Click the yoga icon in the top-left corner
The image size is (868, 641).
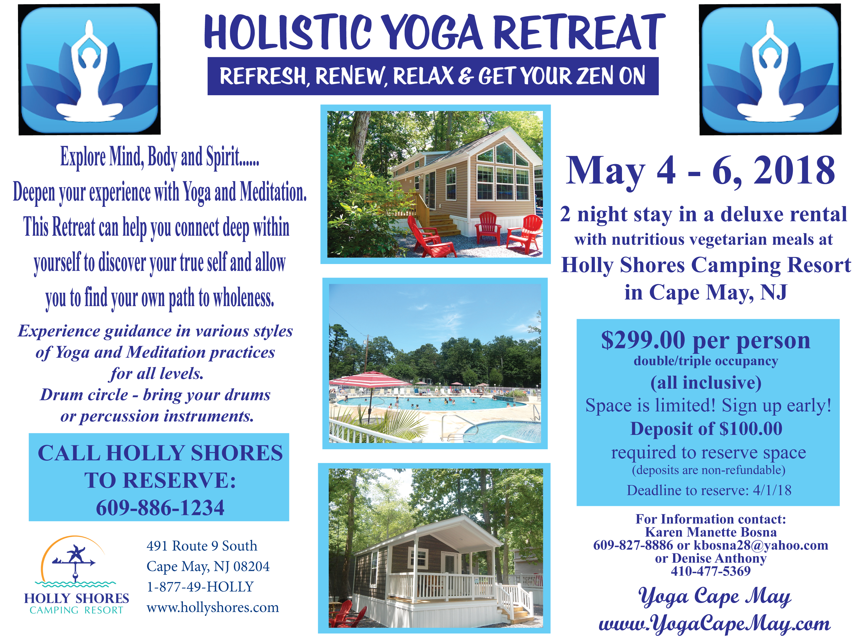90,69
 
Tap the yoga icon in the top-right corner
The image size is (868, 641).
770,69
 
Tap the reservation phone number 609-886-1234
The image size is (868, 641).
160,507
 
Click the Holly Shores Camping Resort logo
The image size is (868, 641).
76,575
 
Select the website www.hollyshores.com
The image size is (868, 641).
213,608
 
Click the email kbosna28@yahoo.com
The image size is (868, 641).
761,545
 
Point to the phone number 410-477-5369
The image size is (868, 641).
711,571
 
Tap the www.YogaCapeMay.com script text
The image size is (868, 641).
714,624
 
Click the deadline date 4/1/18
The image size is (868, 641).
772,490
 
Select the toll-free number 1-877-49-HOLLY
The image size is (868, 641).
200,587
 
